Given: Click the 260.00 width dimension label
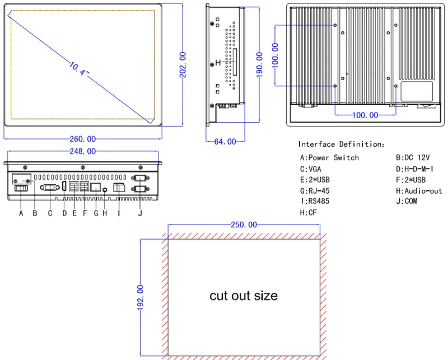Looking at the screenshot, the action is tap(82, 139).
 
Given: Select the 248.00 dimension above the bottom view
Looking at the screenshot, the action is tap(82, 151).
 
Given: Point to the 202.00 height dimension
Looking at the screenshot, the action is tap(183, 64).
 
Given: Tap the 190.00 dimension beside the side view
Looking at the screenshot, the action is tap(259, 64).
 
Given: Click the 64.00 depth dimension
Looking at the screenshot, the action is tap(225, 142).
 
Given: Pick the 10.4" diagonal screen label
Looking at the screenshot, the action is tap(79, 68).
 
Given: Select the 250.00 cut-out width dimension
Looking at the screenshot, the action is tap(244, 225).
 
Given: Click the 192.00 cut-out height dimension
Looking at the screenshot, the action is tap(141, 297).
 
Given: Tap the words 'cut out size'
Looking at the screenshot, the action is tap(244, 296).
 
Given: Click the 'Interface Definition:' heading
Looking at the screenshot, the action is tap(342, 144).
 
